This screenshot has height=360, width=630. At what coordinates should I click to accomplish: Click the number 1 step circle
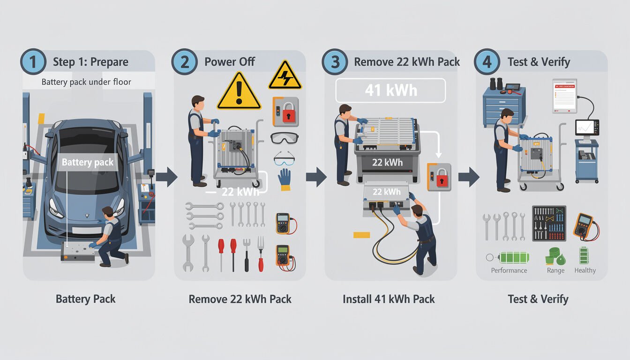[33, 62]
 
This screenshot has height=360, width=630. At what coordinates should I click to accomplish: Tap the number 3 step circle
[335, 62]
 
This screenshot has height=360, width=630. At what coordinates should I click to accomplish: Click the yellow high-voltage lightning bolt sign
[285, 75]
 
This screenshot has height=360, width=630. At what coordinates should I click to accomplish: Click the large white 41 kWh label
[390, 90]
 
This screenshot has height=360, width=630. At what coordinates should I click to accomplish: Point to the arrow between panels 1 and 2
[166, 177]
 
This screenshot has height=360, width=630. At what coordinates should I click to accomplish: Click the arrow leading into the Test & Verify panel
[468, 177]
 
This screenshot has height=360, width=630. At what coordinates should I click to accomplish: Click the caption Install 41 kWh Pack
[389, 299]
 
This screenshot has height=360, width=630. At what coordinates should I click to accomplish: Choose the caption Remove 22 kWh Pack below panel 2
[240, 299]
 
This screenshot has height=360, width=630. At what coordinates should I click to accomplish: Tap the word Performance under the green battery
[509, 270]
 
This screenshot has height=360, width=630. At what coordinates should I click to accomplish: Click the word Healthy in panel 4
[585, 270]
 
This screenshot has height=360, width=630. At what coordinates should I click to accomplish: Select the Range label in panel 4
[555, 270]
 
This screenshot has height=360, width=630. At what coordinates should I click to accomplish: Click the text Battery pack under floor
[86, 82]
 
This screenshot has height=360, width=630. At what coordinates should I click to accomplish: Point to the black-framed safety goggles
[284, 138]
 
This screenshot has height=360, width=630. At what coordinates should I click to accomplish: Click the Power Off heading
[230, 62]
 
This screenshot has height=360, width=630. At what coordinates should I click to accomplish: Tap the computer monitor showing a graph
[587, 127]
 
